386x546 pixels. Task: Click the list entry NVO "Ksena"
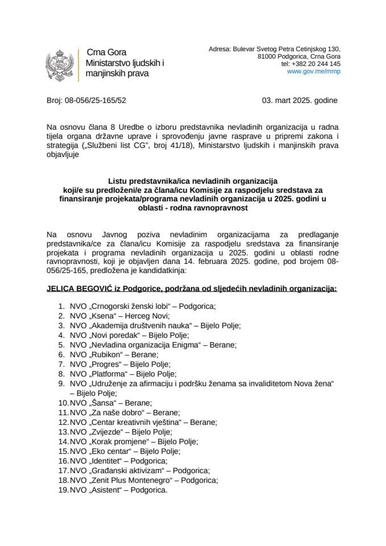click(x=103, y=316)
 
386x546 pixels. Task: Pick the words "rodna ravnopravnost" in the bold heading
click(x=218, y=209)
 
